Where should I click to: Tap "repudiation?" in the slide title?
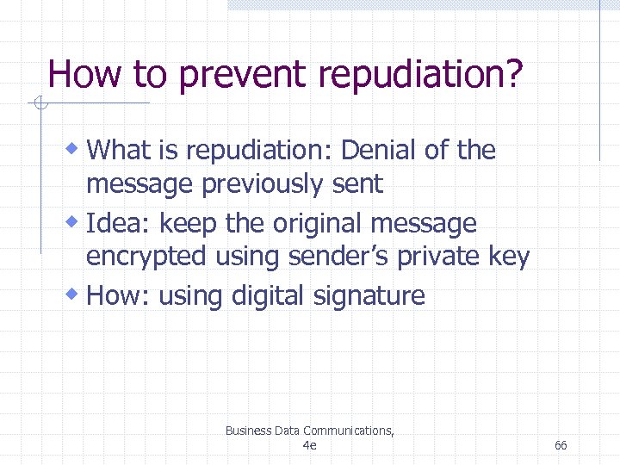[419, 75]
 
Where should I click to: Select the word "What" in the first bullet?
[119, 151]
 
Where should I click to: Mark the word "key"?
[510, 257]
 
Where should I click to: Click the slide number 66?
[561, 445]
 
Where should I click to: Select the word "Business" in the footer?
[248, 431]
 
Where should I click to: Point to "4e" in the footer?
[310, 445]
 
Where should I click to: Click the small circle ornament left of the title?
[39, 105]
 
